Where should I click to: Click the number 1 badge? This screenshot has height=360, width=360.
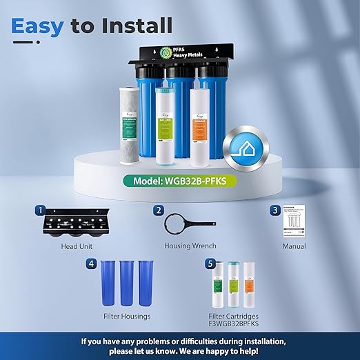pyautogui.click(x=41, y=210)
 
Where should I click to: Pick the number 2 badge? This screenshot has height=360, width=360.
pyautogui.click(x=159, y=210)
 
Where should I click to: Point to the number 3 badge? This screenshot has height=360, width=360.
pyautogui.click(x=274, y=210)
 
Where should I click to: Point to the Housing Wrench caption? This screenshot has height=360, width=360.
pyautogui.click(x=190, y=246)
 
